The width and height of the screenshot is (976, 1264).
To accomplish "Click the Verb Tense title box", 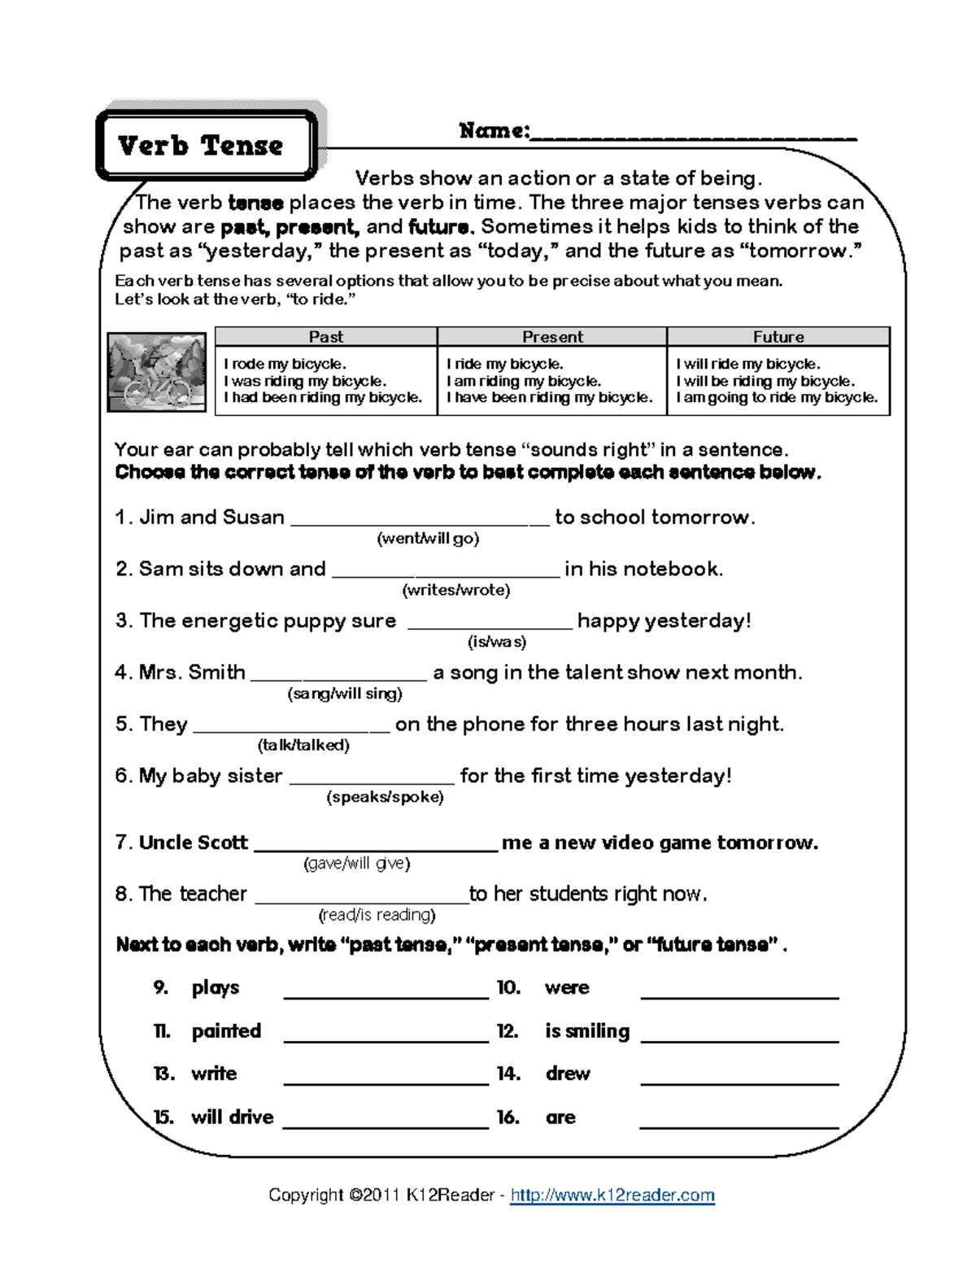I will pos(206,145).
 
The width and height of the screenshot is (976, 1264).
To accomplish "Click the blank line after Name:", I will pos(693,135).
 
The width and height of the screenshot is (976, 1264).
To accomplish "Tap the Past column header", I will pos(325,337).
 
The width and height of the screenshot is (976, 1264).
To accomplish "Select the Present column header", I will pos(552,337).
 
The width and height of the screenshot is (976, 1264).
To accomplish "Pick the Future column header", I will pos(778,337).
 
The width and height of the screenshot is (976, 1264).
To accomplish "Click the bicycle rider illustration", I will pos(157,372).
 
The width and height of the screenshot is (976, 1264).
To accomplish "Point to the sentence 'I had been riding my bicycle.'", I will pos(323,398).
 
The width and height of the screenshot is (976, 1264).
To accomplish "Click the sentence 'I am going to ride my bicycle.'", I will pos(777,398).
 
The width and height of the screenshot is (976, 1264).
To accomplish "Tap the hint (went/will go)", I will pos(428,538).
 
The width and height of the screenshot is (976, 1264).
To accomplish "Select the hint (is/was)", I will pos(496,641).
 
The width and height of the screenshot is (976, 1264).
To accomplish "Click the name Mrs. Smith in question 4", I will pos(192,672).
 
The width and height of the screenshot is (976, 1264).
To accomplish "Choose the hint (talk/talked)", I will pos(303,745).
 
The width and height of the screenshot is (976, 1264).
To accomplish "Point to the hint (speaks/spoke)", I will pos(385,797).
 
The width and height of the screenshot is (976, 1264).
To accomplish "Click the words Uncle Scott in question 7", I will pos(194,842).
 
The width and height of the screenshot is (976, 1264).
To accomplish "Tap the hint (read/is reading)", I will pos(377,915).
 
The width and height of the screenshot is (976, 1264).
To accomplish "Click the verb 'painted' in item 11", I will pos(226,1031).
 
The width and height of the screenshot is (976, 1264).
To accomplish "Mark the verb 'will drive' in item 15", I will pos(233,1117).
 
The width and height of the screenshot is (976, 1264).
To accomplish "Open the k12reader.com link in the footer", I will pos(612,1195).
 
